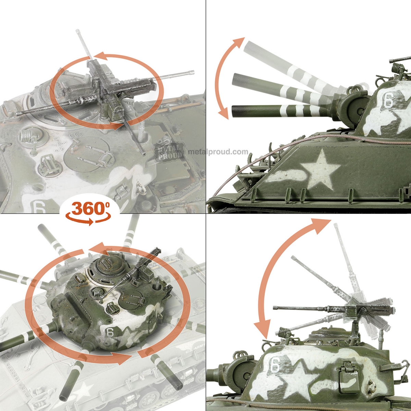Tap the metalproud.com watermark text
coord(218,151)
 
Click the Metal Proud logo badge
coord(169,151)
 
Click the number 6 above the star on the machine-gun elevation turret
coord(274,364)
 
